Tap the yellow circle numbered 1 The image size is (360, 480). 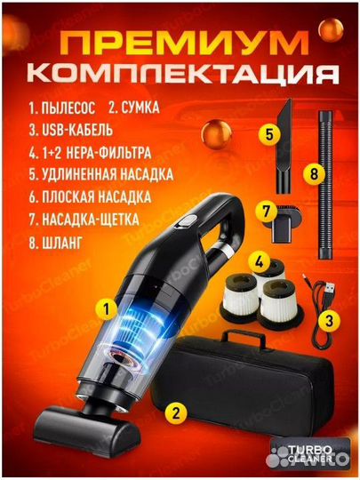pos(106,309)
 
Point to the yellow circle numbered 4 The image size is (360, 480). pos(259,263)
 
